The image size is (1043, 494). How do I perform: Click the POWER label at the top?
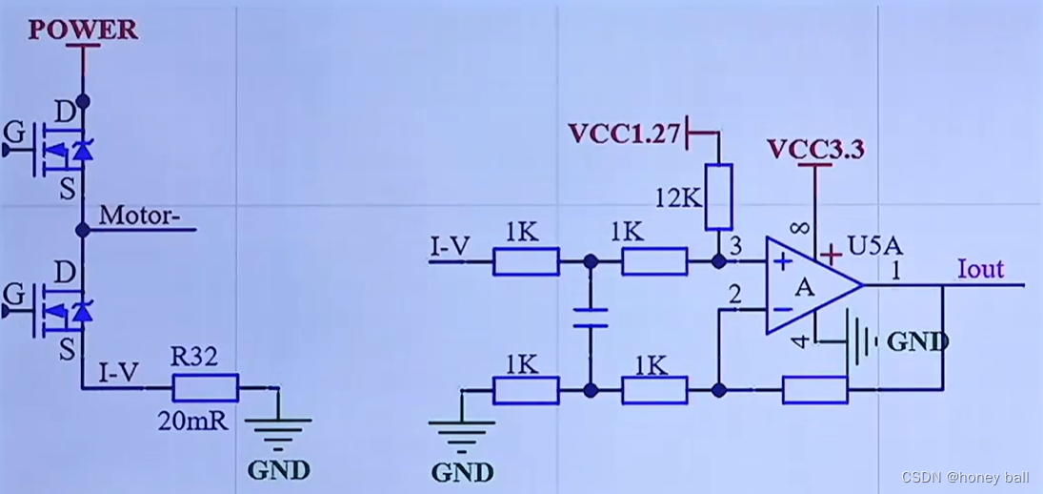(x=83, y=29)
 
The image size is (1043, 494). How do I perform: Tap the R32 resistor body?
(x=205, y=387)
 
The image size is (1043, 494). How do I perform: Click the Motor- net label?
(x=140, y=215)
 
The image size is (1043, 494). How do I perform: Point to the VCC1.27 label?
(x=624, y=134)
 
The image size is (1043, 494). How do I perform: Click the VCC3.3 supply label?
(x=815, y=150)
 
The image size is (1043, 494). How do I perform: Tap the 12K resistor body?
(x=719, y=197)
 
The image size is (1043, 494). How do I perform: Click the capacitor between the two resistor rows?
(x=591, y=317)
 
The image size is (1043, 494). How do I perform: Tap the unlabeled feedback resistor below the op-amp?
(x=814, y=389)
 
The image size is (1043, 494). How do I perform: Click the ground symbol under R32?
(x=279, y=431)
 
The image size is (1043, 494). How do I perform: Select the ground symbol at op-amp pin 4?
(x=862, y=340)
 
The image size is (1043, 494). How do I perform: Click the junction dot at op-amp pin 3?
(x=719, y=259)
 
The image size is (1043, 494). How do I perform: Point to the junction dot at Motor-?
(x=83, y=230)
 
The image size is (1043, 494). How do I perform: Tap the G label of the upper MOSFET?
(x=13, y=130)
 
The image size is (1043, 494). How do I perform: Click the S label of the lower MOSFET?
(x=67, y=350)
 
